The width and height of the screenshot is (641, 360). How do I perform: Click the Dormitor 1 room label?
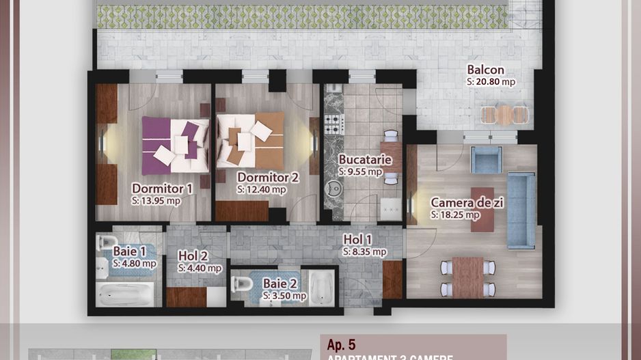(x=162, y=188)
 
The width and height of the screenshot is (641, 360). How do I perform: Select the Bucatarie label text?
(x=365, y=160)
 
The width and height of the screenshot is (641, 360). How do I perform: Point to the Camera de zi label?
(x=463, y=202)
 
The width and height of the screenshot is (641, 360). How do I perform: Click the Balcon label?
(x=486, y=70)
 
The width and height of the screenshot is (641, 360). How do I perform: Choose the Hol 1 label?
(x=358, y=239)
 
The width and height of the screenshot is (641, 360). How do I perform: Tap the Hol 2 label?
(x=193, y=255)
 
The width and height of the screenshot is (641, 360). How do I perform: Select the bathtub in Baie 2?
(x=321, y=288)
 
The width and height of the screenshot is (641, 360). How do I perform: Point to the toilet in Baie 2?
(x=242, y=284)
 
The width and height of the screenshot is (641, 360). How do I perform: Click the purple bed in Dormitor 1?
(x=175, y=146)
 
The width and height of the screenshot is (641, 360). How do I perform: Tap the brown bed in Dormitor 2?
(x=250, y=141)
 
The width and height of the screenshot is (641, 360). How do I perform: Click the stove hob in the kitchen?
(x=333, y=124)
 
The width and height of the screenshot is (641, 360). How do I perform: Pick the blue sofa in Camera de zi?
(x=521, y=210)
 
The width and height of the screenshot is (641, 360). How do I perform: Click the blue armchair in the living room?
(x=487, y=161)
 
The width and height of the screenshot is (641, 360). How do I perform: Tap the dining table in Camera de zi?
(x=467, y=277)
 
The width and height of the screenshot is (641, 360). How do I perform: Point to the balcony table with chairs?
(x=504, y=114)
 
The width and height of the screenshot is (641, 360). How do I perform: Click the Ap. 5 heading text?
(x=342, y=345)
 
